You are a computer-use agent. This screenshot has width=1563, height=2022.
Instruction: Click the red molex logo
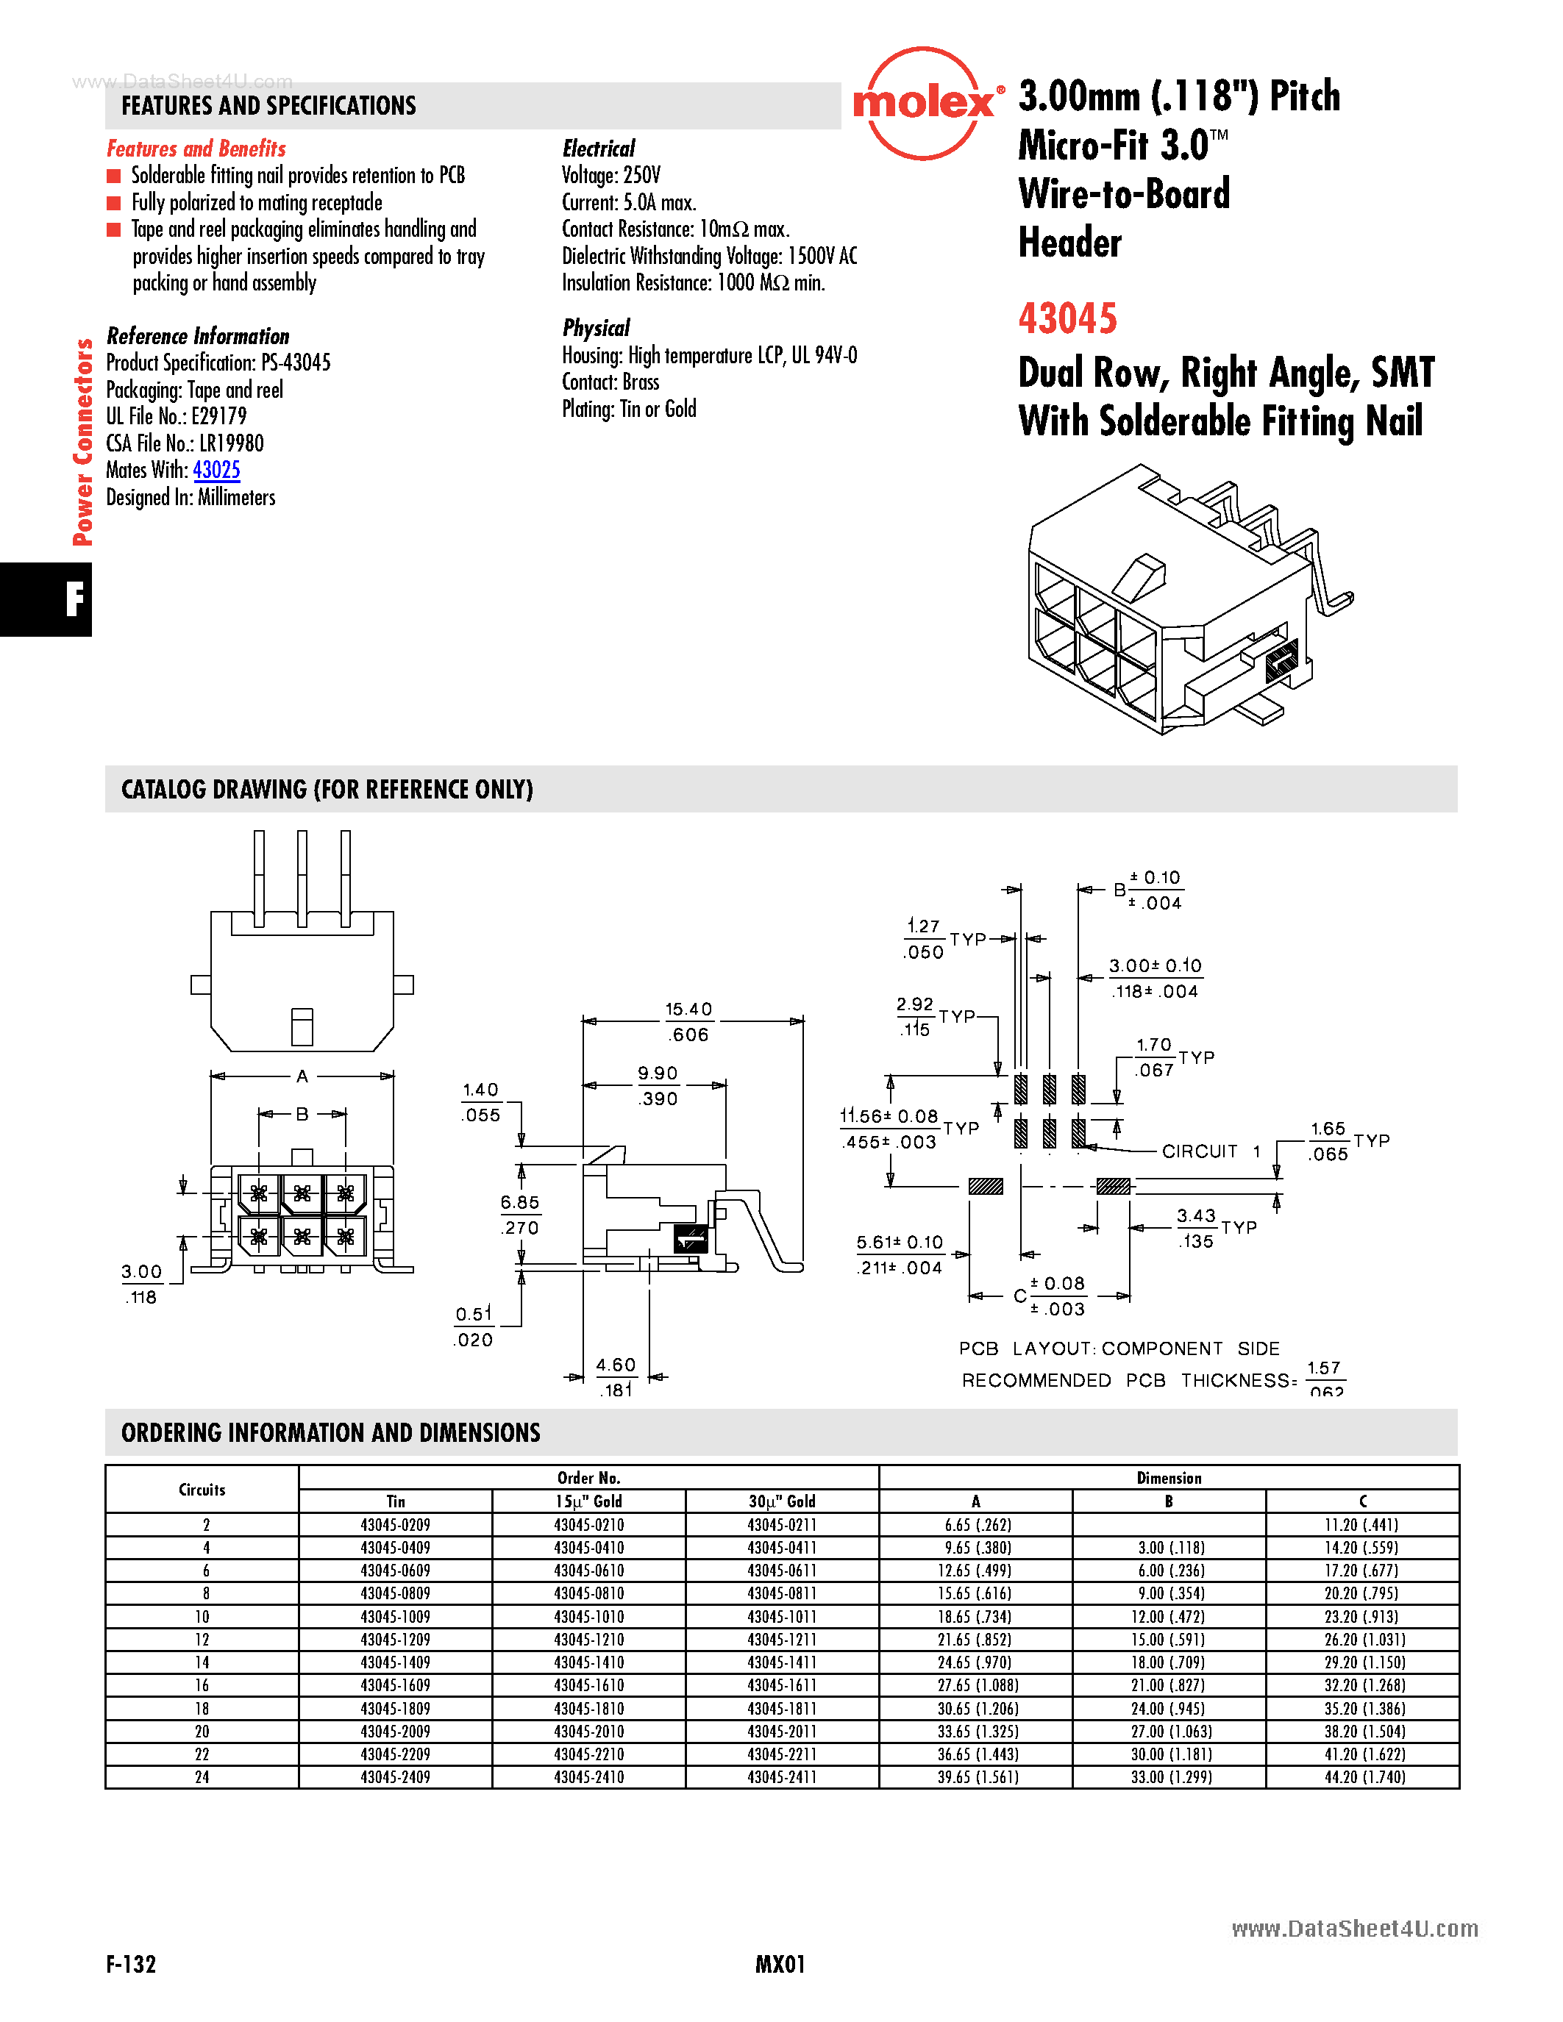923,104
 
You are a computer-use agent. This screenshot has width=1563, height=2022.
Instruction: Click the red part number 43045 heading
1067,318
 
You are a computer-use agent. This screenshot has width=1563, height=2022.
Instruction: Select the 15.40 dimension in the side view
689,1009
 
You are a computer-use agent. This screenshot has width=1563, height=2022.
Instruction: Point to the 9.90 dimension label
658,1073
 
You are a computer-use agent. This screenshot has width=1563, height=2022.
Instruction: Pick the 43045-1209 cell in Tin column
396,1639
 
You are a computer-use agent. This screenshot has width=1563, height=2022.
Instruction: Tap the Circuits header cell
202,1489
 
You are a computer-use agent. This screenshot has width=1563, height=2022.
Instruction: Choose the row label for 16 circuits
202,1685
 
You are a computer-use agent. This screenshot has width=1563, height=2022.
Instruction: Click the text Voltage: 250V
611,175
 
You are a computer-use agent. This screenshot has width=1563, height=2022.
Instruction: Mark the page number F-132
131,1964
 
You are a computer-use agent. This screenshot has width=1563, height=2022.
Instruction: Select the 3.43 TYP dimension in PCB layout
1195,1215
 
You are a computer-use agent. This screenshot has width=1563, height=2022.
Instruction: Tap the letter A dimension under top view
302,1076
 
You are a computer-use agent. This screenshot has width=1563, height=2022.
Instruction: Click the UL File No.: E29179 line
176,417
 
